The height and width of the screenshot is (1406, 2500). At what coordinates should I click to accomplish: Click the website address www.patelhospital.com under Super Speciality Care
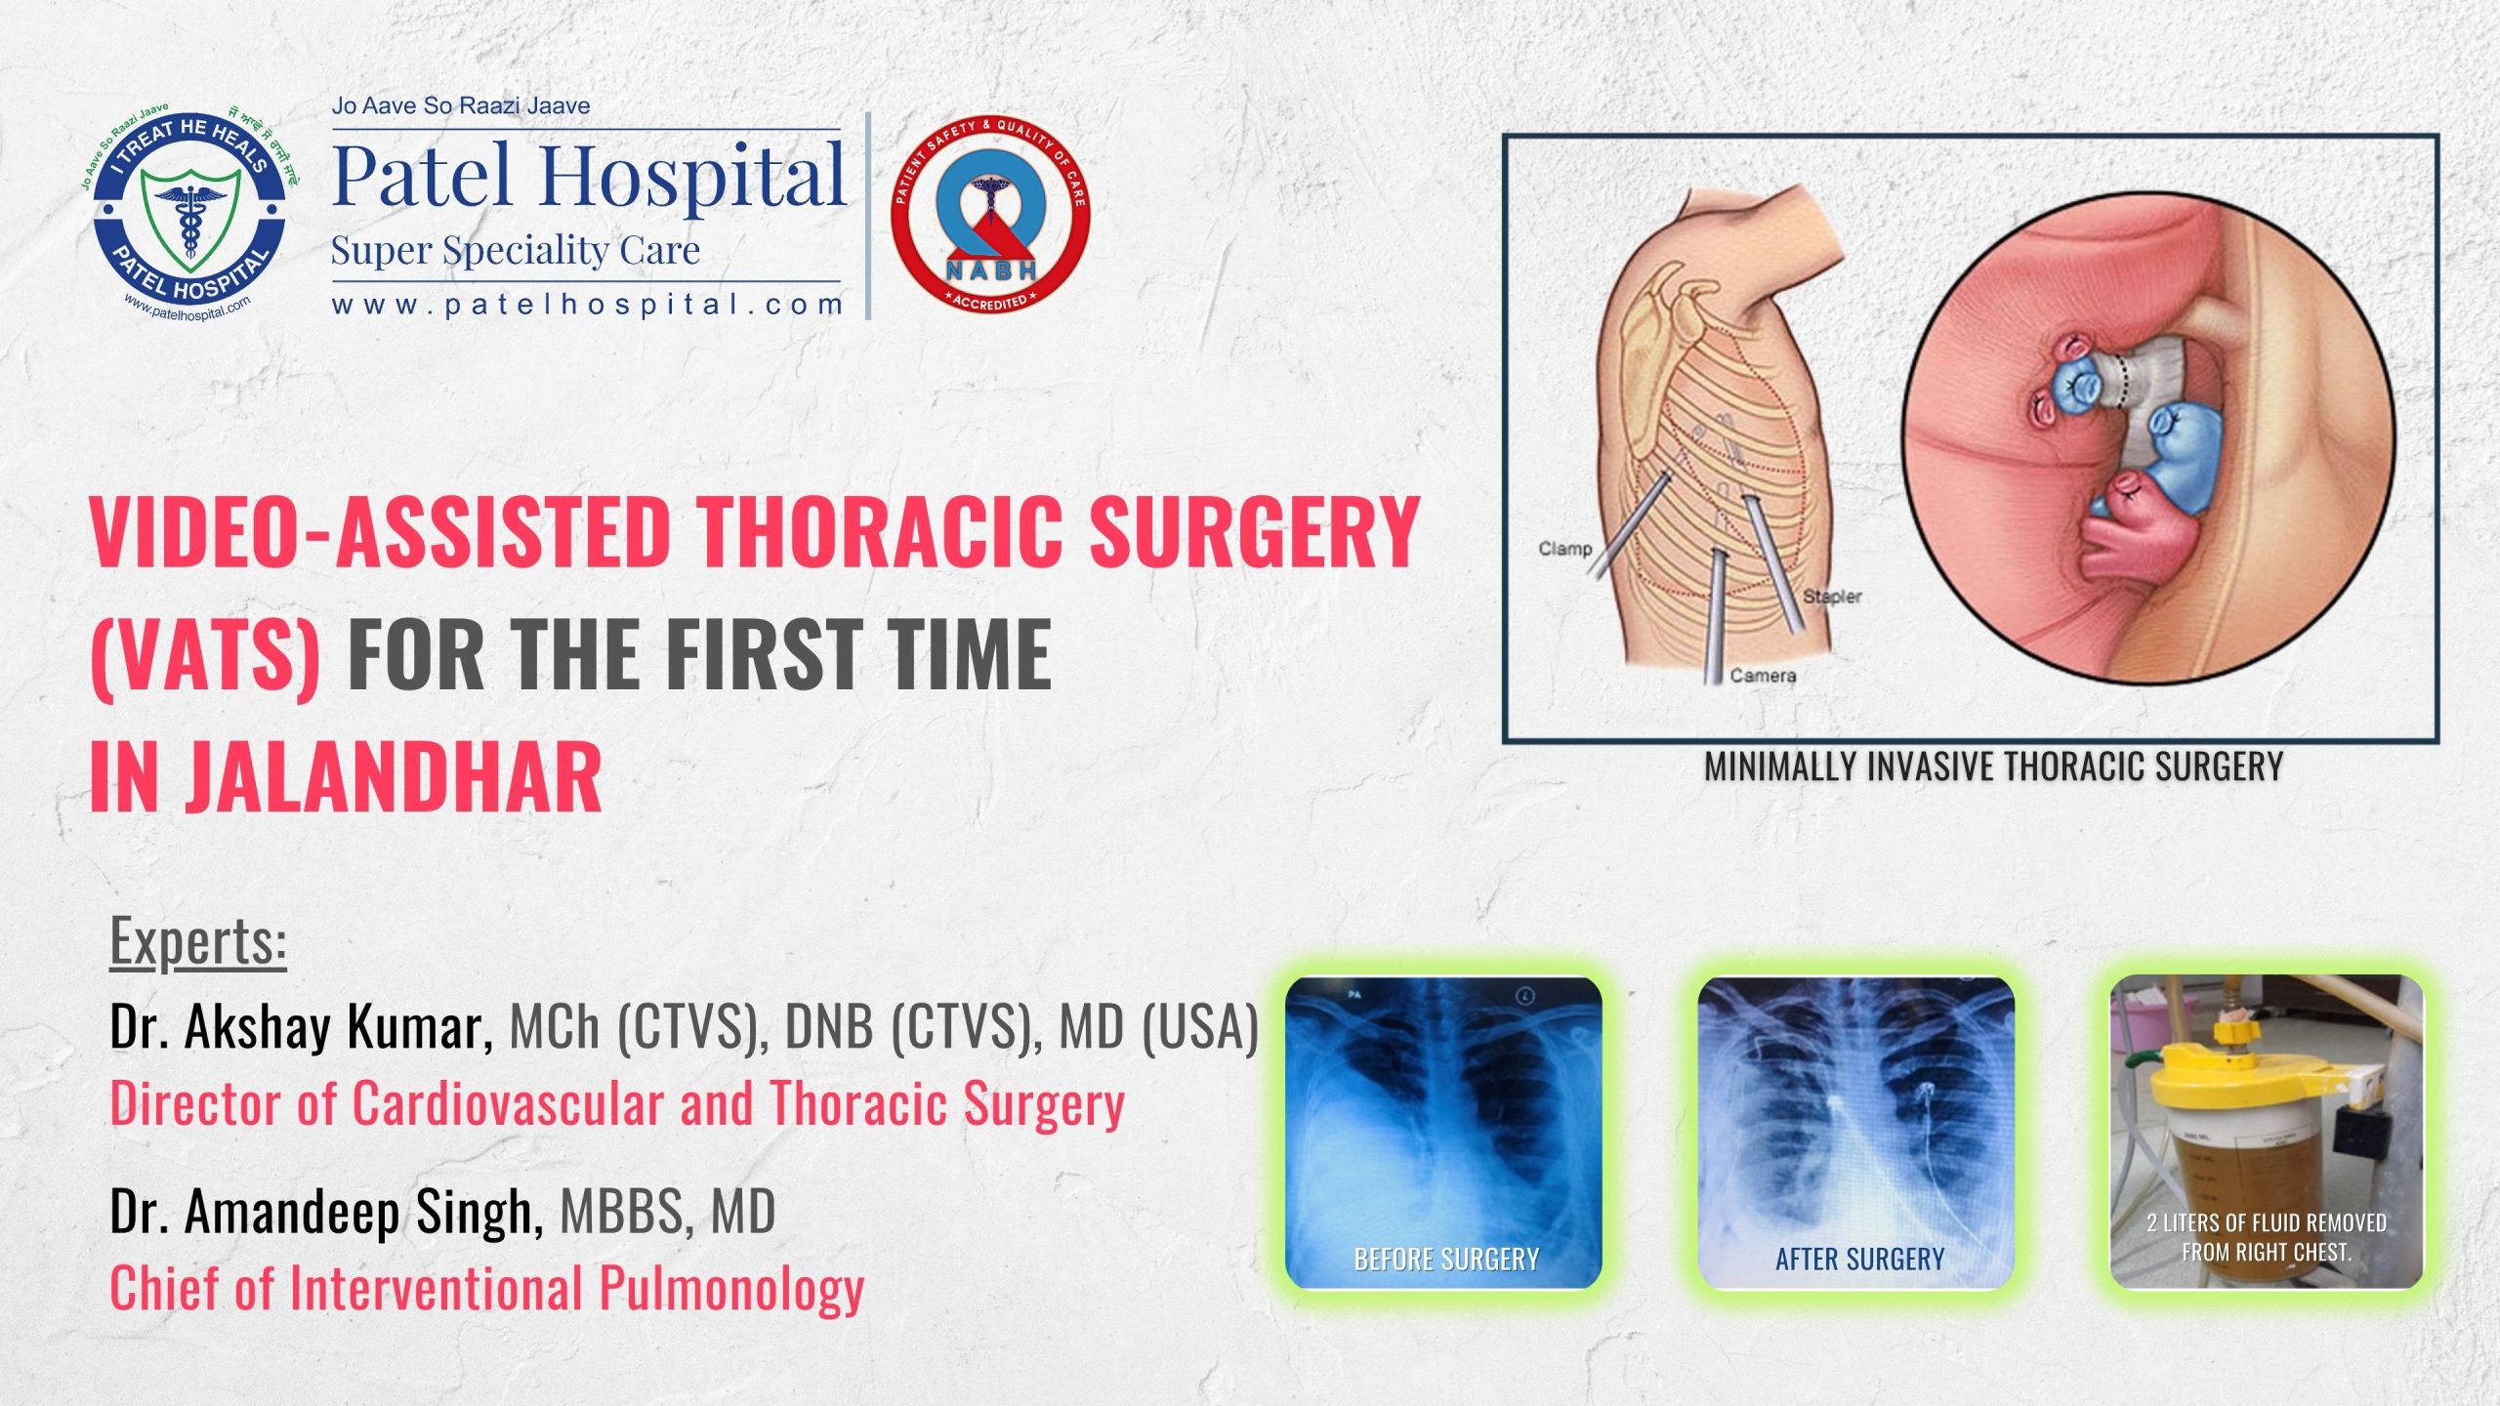(587, 305)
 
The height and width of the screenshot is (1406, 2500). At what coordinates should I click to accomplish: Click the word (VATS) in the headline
(205, 654)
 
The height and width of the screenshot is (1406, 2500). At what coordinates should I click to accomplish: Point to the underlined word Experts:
(198, 941)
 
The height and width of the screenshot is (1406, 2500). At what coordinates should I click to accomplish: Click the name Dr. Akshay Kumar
(301, 1027)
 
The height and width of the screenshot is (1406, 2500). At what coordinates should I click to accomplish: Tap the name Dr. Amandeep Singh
(326, 1212)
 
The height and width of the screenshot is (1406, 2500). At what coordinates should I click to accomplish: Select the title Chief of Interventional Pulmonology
(486, 1288)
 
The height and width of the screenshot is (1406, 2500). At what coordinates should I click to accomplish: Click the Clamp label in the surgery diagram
(1564, 549)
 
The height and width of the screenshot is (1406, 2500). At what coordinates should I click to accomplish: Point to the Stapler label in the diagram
(1832, 597)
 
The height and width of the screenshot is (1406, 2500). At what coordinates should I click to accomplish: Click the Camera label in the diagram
(1763, 676)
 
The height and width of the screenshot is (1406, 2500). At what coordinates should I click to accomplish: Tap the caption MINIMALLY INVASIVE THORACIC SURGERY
(1993, 767)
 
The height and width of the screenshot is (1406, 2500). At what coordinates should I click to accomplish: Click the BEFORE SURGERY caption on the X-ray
(1446, 1260)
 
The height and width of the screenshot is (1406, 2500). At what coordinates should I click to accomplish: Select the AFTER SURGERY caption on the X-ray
(1859, 1260)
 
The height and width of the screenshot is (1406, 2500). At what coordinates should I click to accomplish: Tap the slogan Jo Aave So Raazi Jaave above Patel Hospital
(461, 105)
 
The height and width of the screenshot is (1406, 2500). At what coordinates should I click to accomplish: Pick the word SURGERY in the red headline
(1254, 532)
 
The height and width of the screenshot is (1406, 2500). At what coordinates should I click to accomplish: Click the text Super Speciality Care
(515, 251)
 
